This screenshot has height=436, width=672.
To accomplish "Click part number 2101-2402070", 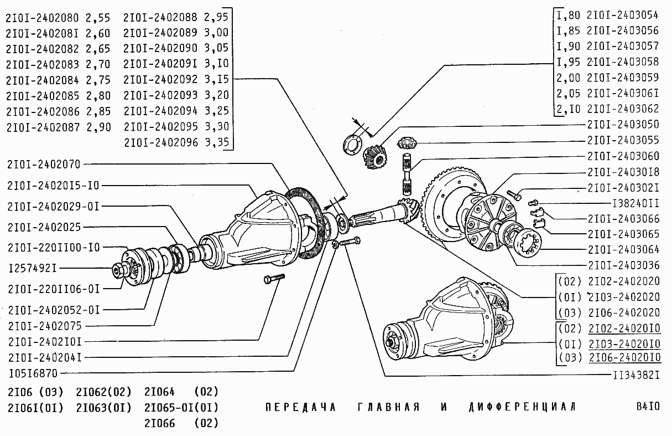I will pos(44,165).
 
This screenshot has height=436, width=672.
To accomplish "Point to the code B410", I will pos(648,407).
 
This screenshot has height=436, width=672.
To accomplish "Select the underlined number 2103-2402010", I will pos(624,343).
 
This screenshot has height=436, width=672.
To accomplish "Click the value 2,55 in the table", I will pos(98,17).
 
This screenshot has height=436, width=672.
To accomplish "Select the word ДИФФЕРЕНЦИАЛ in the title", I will pos(522,407).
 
